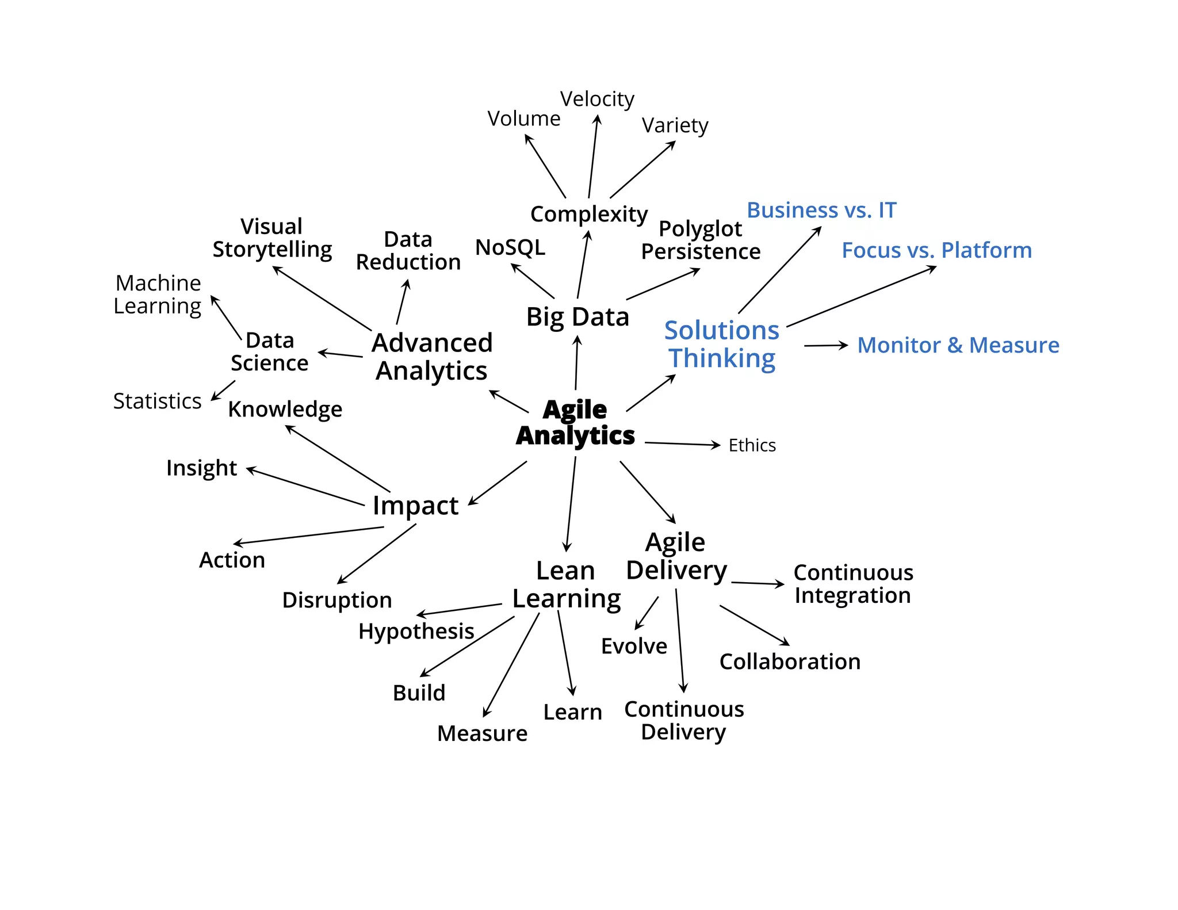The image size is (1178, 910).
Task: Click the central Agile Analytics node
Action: click(x=575, y=422)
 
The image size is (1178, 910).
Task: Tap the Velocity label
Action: click(x=597, y=99)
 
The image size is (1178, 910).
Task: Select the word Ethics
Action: click(x=752, y=445)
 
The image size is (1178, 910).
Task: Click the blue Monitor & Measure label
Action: click(x=958, y=345)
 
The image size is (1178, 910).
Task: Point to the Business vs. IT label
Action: click(x=821, y=210)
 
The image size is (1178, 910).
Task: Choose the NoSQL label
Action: click(x=510, y=247)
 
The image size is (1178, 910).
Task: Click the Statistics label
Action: click(x=157, y=401)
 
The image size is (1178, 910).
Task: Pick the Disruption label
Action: click(x=337, y=600)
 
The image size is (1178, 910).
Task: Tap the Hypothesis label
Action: click(x=416, y=631)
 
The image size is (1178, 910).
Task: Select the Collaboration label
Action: click(x=790, y=662)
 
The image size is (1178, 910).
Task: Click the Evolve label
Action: click(x=634, y=646)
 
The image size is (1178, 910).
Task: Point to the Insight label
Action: click(x=201, y=468)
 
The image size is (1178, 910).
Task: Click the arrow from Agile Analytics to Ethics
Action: click(x=682, y=443)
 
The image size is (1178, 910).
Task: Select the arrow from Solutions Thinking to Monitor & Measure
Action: click(x=826, y=346)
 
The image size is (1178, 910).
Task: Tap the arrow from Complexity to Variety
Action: click(x=642, y=170)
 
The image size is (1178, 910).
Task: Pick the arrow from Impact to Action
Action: click(x=308, y=536)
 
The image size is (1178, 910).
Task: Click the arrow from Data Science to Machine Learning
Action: click(x=226, y=318)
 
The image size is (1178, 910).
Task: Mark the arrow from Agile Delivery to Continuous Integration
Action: click(x=758, y=583)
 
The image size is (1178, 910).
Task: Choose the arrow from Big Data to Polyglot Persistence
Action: click(x=663, y=284)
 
